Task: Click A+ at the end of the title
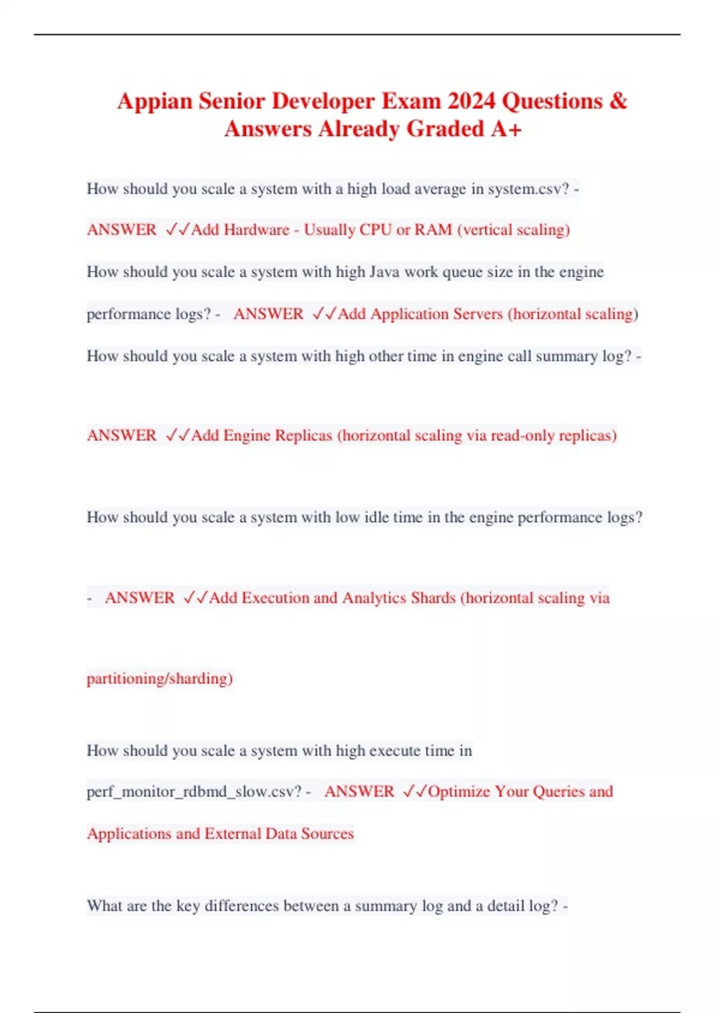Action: (x=506, y=129)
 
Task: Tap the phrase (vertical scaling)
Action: (x=514, y=230)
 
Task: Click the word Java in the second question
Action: (x=384, y=272)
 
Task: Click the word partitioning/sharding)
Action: (x=160, y=679)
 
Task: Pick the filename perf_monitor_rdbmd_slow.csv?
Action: (x=194, y=792)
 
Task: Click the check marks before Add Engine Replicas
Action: (x=178, y=436)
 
